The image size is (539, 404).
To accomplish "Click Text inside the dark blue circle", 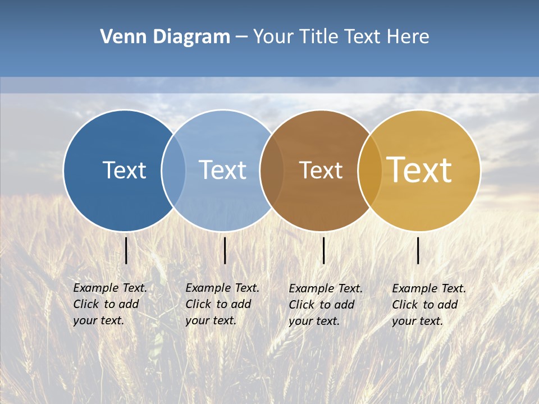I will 124,170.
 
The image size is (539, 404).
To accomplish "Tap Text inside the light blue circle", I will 222,170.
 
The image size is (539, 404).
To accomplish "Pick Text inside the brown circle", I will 321,171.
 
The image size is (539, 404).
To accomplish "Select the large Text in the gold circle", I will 419,170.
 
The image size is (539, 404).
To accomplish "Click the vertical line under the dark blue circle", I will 126,250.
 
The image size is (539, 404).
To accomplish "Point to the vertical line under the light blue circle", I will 225,250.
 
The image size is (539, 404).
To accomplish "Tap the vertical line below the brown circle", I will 323,250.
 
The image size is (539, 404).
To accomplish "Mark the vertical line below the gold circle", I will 418,250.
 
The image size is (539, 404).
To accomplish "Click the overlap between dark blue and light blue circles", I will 173,171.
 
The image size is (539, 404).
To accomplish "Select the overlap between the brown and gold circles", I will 370,171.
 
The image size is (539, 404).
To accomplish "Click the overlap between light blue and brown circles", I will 272,171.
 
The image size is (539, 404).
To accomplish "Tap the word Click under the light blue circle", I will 198,304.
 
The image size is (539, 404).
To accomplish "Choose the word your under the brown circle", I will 301,321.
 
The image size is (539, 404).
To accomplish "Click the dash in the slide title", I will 241,37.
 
